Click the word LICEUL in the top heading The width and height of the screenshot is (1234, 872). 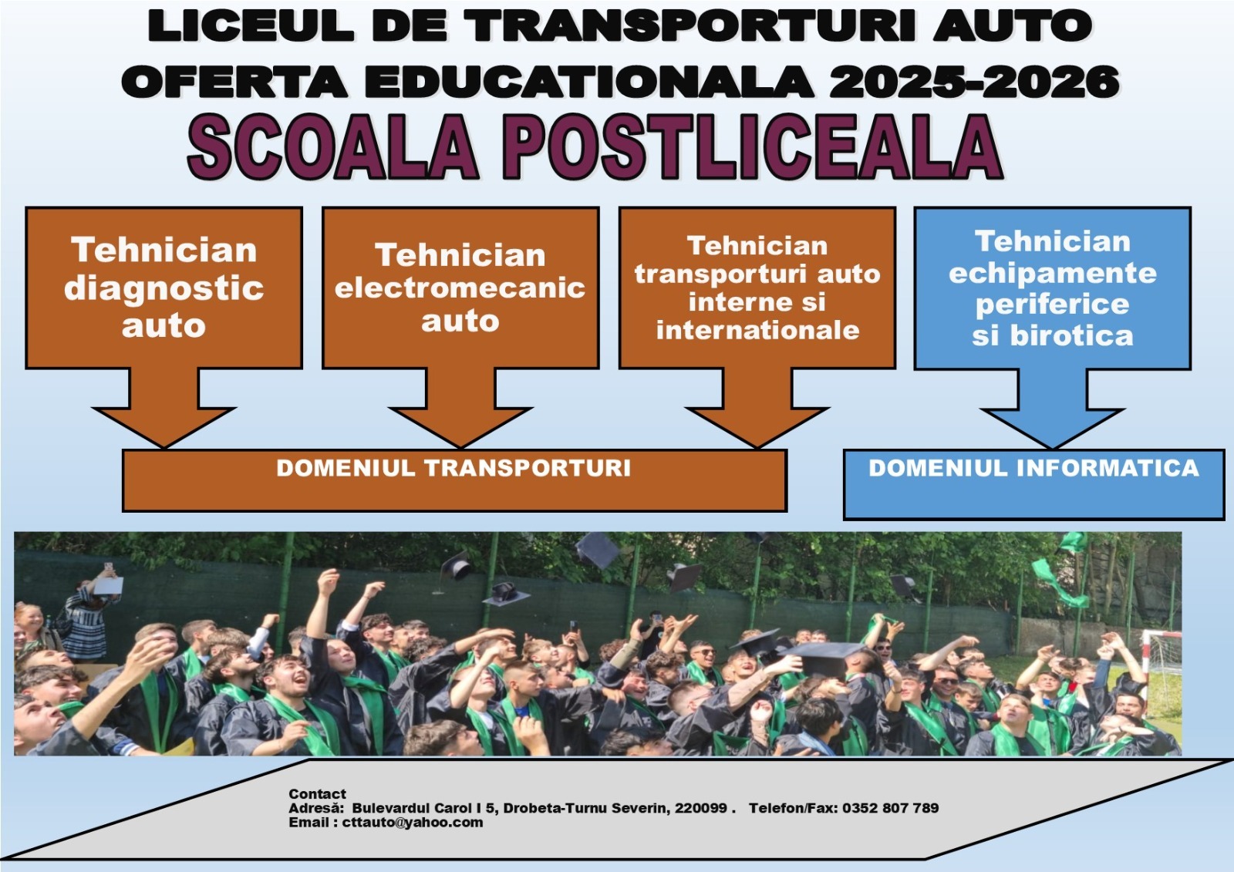point(250,26)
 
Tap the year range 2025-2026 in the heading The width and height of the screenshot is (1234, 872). point(974,82)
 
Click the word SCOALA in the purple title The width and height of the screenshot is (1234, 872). point(332,147)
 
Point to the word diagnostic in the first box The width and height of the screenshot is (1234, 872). point(164,288)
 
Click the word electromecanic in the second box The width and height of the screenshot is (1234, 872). point(460,288)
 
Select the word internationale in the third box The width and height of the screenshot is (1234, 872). point(757,330)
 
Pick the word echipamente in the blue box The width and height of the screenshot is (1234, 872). point(1052,274)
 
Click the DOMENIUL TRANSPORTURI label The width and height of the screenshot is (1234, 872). point(453,468)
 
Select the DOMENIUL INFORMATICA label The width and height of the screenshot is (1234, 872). point(1033,468)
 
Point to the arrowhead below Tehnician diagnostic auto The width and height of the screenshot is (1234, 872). point(164,428)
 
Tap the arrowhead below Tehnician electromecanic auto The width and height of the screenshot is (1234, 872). point(460,428)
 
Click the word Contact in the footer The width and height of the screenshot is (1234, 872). point(317,794)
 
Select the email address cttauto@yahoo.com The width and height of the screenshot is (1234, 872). point(413,823)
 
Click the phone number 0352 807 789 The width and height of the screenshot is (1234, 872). point(890,808)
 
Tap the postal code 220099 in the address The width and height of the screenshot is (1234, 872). point(701,808)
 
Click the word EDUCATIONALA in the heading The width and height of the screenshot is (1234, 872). point(588,82)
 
